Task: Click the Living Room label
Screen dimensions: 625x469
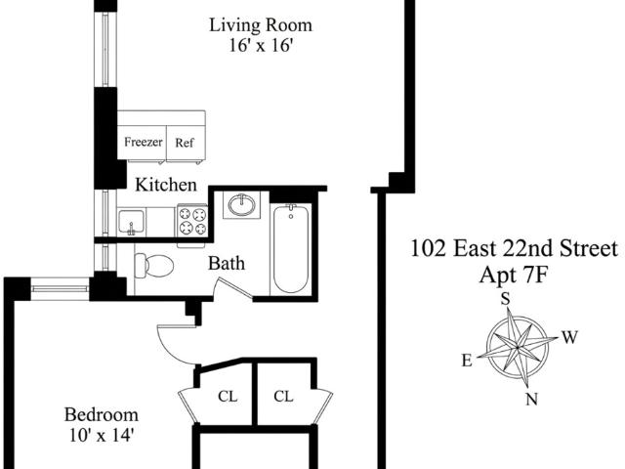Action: tap(261, 25)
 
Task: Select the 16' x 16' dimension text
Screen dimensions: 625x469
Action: tap(261, 45)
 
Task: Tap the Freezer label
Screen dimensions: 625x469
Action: tap(144, 142)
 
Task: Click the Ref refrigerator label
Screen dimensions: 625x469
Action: tap(185, 143)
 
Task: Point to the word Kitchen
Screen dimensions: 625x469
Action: tap(166, 185)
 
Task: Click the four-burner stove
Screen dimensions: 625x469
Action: tap(193, 221)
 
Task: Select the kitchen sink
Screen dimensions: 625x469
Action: tap(131, 222)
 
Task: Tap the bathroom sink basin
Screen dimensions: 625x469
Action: tap(242, 204)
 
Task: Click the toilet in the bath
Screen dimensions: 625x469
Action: tap(154, 265)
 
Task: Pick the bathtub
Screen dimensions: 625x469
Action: tap(291, 248)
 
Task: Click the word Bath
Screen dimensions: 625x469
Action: tap(227, 263)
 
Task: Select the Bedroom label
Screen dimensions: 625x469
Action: tap(102, 414)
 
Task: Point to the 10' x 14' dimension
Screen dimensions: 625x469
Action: tap(102, 435)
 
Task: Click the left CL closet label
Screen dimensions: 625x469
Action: tap(228, 397)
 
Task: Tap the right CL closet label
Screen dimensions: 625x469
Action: tap(283, 397)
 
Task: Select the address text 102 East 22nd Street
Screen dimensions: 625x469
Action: tap(515, 248)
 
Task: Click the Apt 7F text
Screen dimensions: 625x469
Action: tap(514, 275)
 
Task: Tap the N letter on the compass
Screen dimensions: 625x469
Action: tap(531, 399)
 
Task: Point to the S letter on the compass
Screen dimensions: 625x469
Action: tap(506, 299)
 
